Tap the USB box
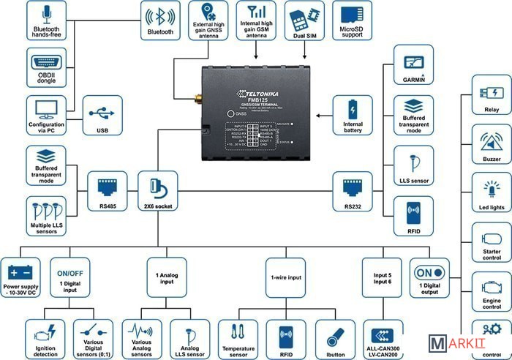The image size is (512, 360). [x=102, y=116]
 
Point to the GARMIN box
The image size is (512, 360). [x=414, y=67]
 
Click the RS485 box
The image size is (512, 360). [x=108, y=192]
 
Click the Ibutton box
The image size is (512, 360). [x=336, y=339]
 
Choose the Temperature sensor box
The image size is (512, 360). [x=239, y=339]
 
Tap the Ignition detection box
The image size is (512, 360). [x=45, y=339]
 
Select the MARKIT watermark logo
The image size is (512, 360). [x=466, y=343]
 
